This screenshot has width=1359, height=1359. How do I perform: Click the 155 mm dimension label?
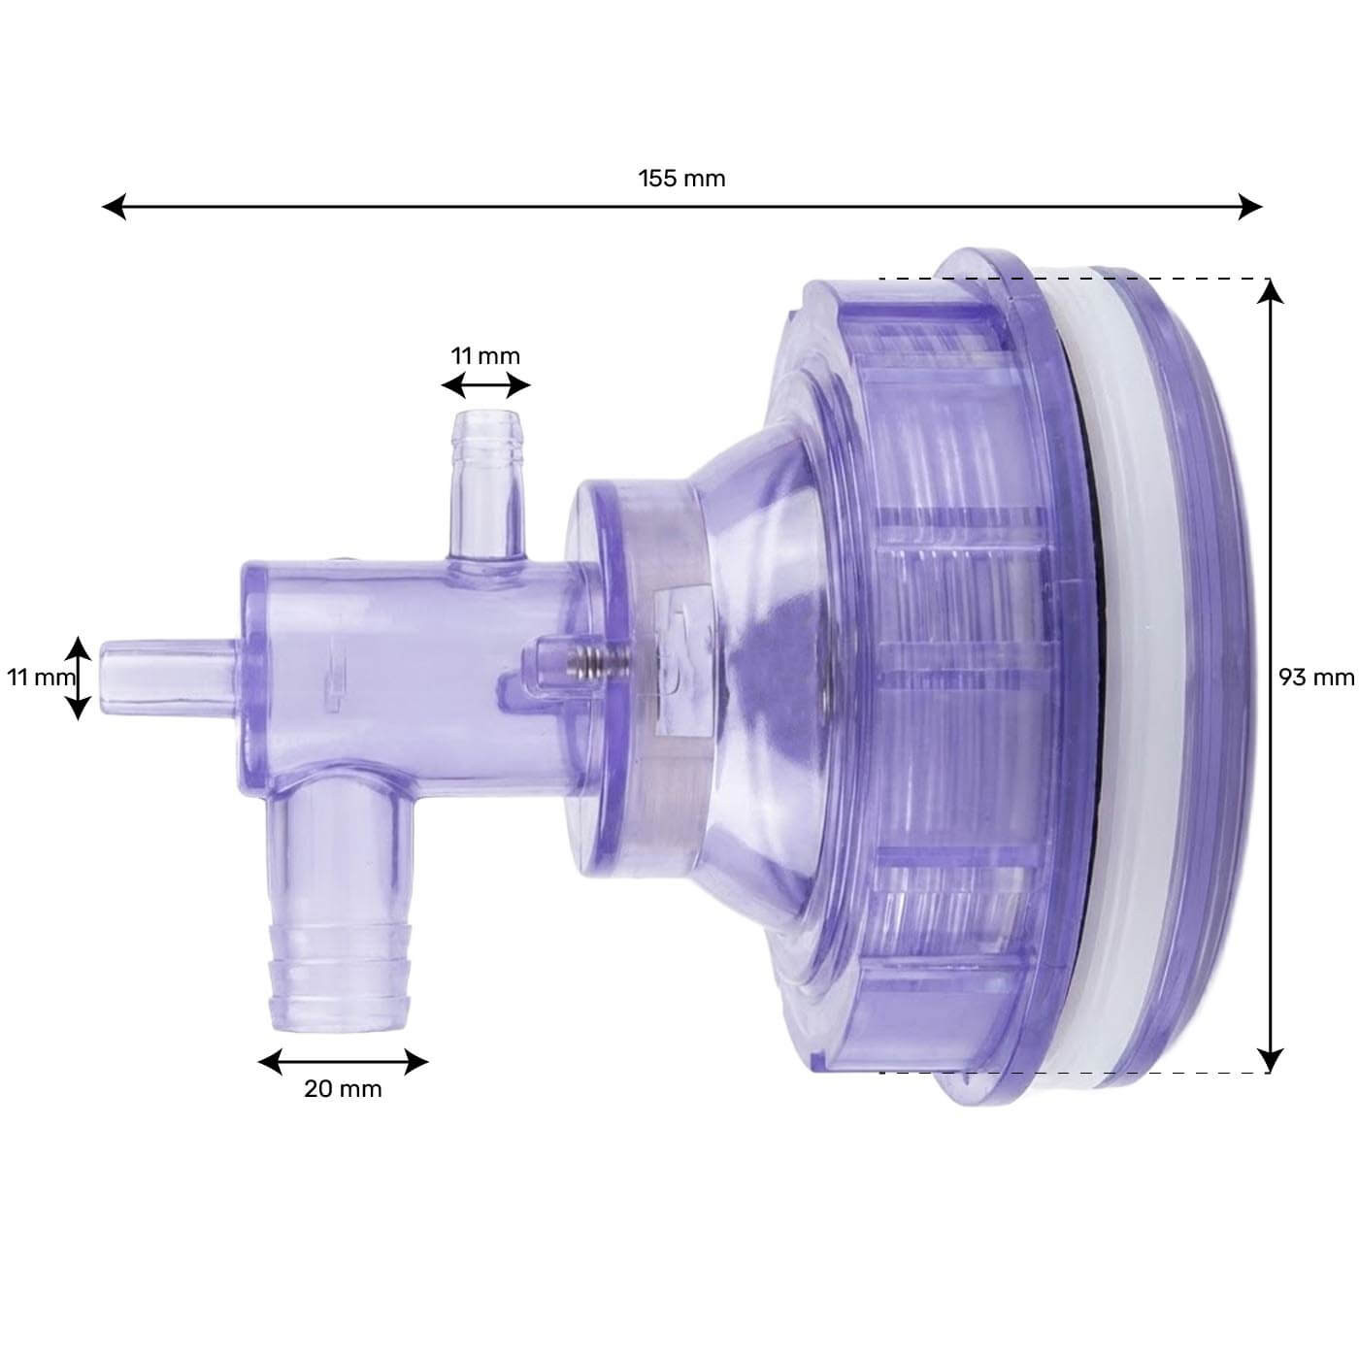click(x=681, y=179)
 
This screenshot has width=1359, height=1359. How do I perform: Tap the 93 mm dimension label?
click(x=1315, y=677)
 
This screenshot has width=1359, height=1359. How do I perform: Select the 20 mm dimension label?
click(x=343, y=1088)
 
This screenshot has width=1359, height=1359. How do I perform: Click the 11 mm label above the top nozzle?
click(x=485, y=355)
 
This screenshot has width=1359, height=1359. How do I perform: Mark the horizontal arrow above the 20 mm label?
click(x=343, y=1061)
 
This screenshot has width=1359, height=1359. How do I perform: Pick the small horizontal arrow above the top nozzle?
click(x=485, y=386)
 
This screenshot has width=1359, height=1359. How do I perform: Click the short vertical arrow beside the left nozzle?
click(x=79, y=678)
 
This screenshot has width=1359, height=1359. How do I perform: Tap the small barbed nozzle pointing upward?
click(x=485, y=466)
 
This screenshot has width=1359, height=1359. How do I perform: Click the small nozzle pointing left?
click(x=165, y=671)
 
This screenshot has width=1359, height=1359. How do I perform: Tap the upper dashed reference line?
click(x=1068, y=279)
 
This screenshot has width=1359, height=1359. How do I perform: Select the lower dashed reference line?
click(x=1068, y=1073)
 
